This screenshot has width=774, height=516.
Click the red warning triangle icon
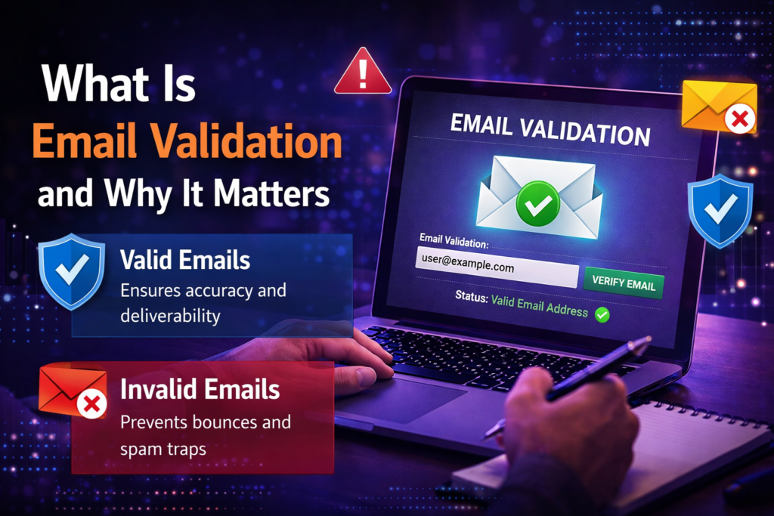(x=362, y=74)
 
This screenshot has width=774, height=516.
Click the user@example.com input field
(x=497, y=267)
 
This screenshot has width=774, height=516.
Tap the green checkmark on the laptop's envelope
(x=537, y=202)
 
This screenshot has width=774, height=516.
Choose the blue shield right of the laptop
(x=720, y=209)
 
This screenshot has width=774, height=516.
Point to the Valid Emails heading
(x=185, y=261)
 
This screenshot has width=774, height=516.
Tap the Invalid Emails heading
(x=200, y=390)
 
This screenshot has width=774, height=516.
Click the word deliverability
(x=170, y=315)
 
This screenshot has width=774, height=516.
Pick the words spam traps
(x=163, y=448)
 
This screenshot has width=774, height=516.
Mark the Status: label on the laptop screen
(x=468, y=298)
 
